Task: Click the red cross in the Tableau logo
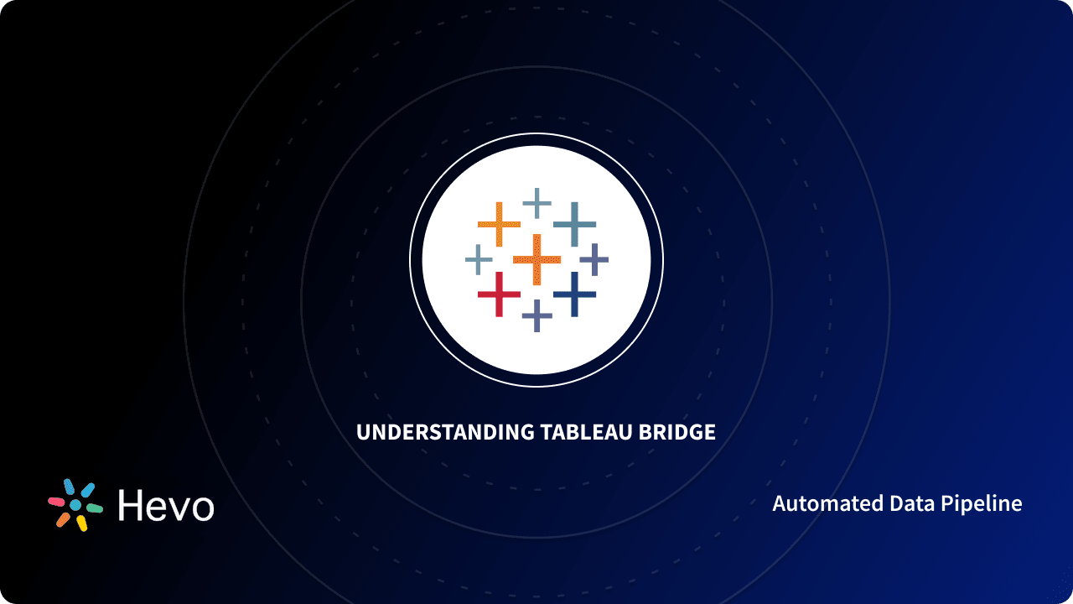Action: [x=499, y=294]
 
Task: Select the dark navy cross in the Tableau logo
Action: [x=574, y=294]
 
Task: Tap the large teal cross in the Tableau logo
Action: [x=574, y=224]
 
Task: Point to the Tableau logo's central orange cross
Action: [x=536, y=259]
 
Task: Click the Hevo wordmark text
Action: [x=166, y=505]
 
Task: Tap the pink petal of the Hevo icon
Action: [x=57, y=502]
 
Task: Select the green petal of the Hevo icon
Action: [x=94, y=508]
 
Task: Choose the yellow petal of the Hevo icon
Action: [x=81, y=523]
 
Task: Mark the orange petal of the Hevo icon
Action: [x=63, y=520]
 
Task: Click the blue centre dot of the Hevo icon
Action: [x=75, y=505]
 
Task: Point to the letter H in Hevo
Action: [x=131, y=505]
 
